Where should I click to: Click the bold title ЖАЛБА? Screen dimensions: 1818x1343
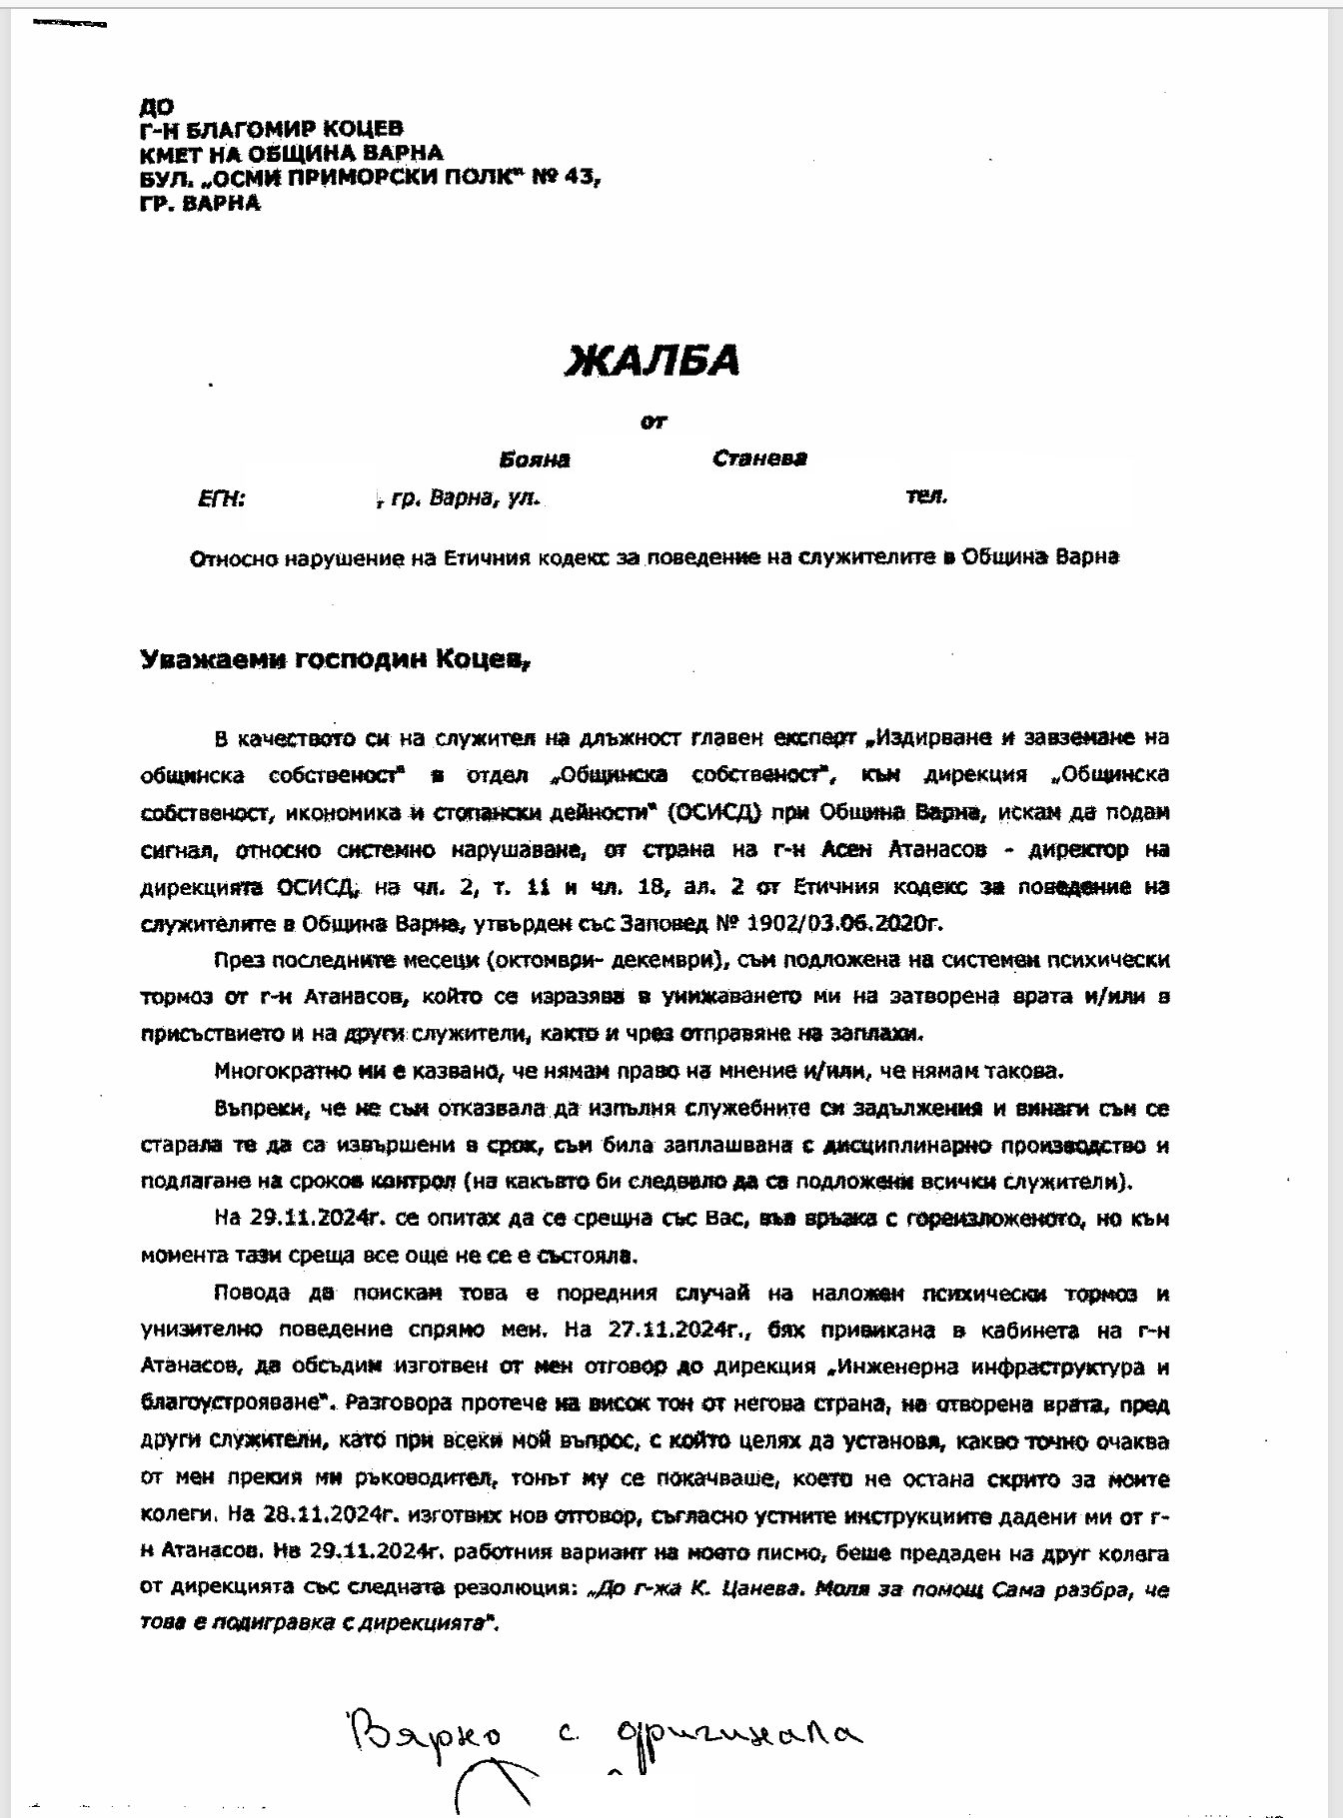click(x=652, y=361)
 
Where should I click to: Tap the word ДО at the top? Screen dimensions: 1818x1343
click(x=157, y=107)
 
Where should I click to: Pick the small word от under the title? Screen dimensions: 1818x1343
click(x=653, y=422)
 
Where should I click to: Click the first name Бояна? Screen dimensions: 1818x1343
click(x=535, y=459)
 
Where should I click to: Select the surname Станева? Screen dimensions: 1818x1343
click(x=759, y=458)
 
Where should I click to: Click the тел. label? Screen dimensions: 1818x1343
click(x=926, y=495)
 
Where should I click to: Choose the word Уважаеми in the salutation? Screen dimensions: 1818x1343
click(x=205, y=659)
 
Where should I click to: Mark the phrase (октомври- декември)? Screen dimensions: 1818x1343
click(x=598, y=960)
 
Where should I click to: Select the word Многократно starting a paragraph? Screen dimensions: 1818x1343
click(x=284, y=1071)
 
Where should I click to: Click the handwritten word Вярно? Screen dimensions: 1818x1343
click(x=425, y=1738)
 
